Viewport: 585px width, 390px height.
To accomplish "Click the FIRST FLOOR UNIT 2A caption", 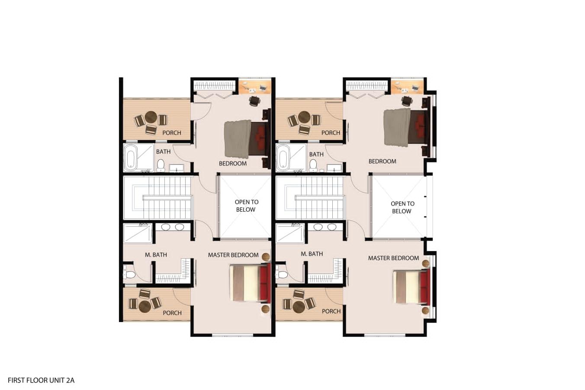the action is tap(41, 380).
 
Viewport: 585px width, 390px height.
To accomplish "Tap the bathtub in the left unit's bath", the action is tap(130, 158).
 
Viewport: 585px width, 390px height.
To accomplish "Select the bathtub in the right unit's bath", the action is tap(283, 158).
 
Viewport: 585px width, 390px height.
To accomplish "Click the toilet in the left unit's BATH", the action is tap(161, 165).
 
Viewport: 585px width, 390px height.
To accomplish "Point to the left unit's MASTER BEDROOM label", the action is tap(233, 255).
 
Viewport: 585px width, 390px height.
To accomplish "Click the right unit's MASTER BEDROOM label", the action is tap(393, 258).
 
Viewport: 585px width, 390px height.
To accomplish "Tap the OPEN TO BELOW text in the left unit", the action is tap(246, 206).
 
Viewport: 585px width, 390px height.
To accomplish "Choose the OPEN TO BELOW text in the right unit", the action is tap(402, 207).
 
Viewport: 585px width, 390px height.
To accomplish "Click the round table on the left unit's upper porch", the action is tap(151, 117).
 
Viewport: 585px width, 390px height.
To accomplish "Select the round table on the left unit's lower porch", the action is tap(145, 306).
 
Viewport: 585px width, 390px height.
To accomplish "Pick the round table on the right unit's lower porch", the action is tap(299, 306).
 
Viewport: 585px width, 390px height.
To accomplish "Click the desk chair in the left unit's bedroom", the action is tap(254, 100).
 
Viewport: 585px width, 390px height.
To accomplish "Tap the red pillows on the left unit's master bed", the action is tap(265, 282).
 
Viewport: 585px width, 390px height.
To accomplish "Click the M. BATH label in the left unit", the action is tap(156, 255).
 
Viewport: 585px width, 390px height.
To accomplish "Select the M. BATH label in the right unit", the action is tap(312, 254).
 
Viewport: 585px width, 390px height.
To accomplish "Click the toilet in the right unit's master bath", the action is tap(283, 274).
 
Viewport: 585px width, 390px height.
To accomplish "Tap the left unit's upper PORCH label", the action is tap(172, 133).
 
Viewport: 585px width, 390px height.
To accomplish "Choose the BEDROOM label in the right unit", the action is tap(382, 161).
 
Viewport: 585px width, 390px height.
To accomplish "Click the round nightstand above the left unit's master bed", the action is tap(266, 257).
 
